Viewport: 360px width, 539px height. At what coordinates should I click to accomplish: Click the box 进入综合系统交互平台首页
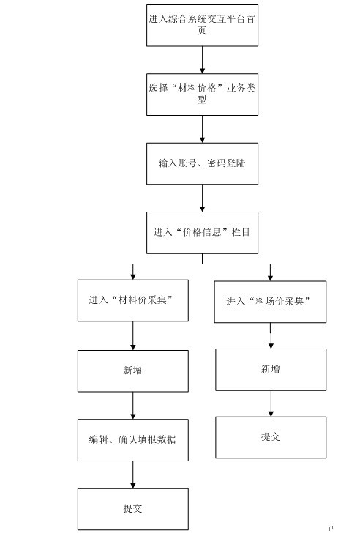pos(202,26)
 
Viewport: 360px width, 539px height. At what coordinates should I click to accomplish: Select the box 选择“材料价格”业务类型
pos(202,94)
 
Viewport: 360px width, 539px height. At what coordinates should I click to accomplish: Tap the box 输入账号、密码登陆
pos(202,163)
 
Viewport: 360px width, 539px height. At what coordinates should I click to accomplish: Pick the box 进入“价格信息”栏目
pos(202,233)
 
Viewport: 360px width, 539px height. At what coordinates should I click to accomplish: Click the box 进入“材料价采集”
pos(133,300)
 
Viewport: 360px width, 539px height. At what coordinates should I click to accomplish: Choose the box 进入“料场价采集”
pos(270,302)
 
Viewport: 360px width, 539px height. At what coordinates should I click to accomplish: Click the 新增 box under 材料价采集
pos(133,371)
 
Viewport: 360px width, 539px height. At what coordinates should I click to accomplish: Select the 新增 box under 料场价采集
pos(271,370)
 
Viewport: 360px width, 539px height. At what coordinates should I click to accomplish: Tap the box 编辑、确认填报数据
pos(133,440)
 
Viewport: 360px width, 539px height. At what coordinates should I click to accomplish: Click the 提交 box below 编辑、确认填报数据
pos(133,509)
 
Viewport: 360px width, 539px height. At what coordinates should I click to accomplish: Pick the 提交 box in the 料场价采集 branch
pos(271,437)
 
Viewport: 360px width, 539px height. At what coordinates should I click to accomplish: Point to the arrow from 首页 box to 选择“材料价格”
pos(202,60)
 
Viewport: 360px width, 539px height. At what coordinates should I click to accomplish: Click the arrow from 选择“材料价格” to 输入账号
pos(202,129)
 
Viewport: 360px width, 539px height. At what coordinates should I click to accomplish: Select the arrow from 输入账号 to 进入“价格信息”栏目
pos(202,198)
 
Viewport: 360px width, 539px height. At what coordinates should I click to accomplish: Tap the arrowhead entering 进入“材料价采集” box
pos(133,277)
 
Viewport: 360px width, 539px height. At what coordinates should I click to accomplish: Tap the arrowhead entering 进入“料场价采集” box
pos(270,278)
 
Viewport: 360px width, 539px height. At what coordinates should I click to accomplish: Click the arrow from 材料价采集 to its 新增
pos(133,336)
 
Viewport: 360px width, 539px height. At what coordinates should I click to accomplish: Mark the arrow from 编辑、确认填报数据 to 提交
pos(133,475)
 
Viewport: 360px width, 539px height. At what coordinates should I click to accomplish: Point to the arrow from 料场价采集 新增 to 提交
pos(271,404)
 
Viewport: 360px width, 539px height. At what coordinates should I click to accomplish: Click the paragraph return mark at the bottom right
pos(331,528)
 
